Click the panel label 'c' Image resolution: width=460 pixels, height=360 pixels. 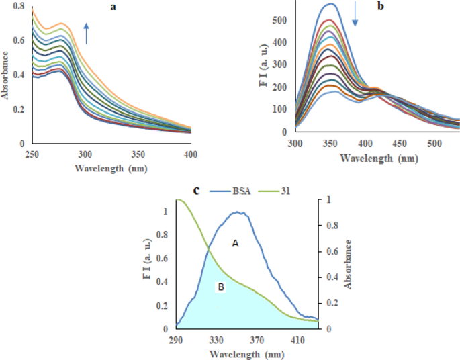click(x=196, y=190)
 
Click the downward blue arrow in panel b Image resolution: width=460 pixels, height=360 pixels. click(x=355, y=15)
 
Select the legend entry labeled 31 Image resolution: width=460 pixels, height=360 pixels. click(x=283, y=191)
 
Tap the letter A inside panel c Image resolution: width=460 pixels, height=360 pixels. click(x=236, y=244)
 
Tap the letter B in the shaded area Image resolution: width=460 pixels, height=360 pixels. click(x=219, y=287)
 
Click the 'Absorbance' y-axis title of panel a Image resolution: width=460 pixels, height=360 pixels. click(x=6, y=77)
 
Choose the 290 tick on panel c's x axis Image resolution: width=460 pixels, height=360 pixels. click(x=177, y=340)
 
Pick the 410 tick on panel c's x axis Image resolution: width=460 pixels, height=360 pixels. click(x=297, y=340)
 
